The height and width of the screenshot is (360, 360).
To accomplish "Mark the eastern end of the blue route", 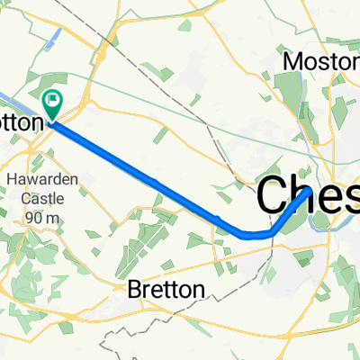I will (x=310, y=191).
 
